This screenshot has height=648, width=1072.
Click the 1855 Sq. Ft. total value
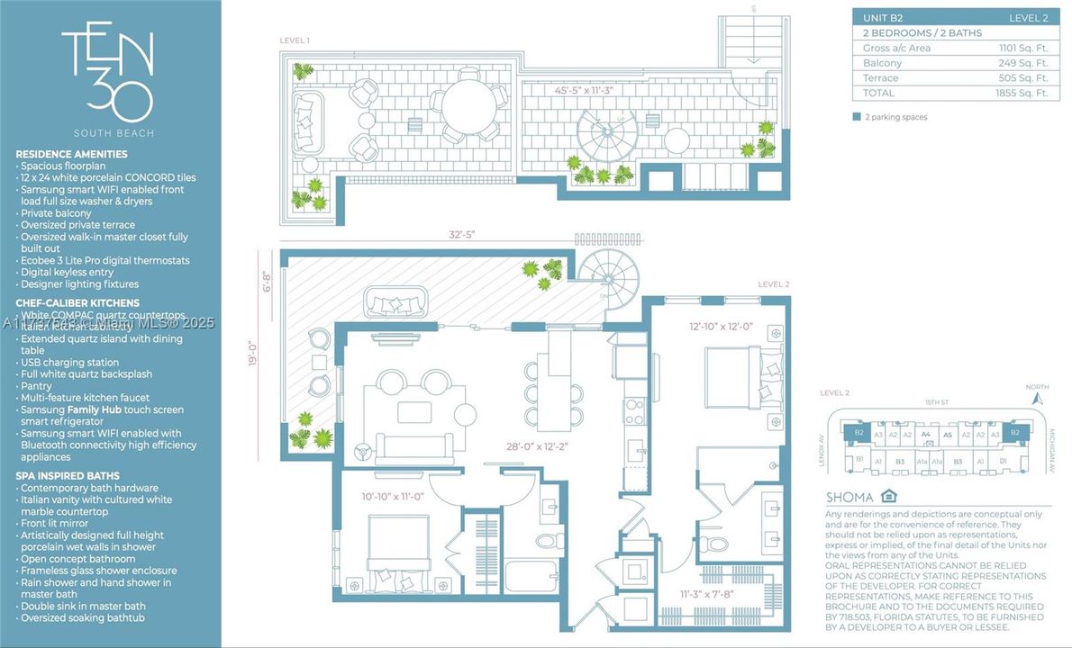click(x=1022, y=93)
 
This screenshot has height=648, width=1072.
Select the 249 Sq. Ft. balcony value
click(x=1023, y=63)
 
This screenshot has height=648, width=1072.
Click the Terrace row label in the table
click(x=880, y=78)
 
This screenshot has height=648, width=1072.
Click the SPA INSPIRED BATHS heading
click(x=67, y=476)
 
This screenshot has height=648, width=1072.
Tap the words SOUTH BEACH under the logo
click(x=107, y=133)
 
